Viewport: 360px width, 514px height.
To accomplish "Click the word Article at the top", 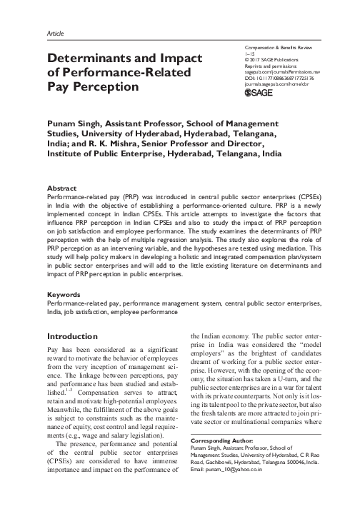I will tap(55, 33).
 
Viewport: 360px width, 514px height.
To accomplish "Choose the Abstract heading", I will tap(64, 187).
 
